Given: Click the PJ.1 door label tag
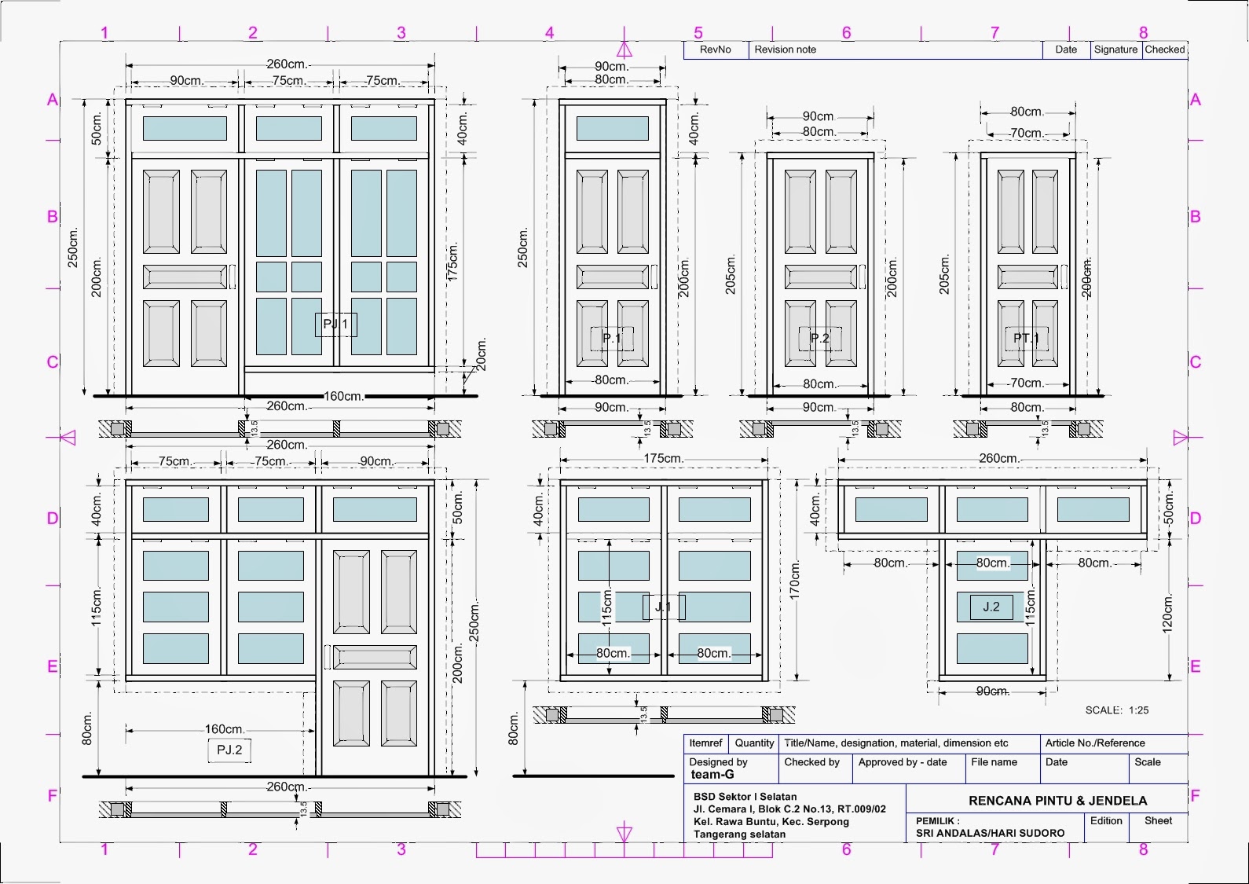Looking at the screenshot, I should pyautogui.click(x=336, y=324).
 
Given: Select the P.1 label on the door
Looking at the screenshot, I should pyautogui.click(x=611, y=339).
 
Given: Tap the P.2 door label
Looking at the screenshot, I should pyautogui.click(x=819, y=339).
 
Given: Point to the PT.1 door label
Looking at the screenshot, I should pyautogui.click(x=1026, y=339).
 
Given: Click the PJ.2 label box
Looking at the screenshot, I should pyautogui.click(x=229, y=750).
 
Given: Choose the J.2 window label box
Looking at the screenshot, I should pyautogui.click(x=991, y=607).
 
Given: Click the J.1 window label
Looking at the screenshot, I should pyautogui.click(x=664, y=607).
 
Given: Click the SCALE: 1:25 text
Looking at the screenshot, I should pyautogui.click(x=1116, y=710).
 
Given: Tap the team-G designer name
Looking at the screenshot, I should pyautogui.click(x=712, y=775).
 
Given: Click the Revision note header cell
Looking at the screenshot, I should pyautogui.click(x=785, y=50).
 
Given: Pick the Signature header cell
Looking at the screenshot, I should pyautogui.click(x=1115, y=50).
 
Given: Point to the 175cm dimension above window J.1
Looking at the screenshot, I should pyautogui.click(x=663, y=458).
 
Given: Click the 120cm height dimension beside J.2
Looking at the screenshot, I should pyautogui.click(x=1167, y=613).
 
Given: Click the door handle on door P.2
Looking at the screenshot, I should pyautogui.click(x=862, y=277).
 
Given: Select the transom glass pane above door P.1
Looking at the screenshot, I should pyautogui.click(x=613, y=128).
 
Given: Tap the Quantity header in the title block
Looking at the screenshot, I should pyautogui.click(x=754, y=743).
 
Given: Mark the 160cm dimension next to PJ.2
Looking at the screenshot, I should pyautogui.click(x=225, y=729).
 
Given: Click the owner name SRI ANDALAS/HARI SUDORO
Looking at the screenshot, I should pyautogui.click(x=990, y=833).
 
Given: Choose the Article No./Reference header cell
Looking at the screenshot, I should pyautogui.click(x=1095, y=743).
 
